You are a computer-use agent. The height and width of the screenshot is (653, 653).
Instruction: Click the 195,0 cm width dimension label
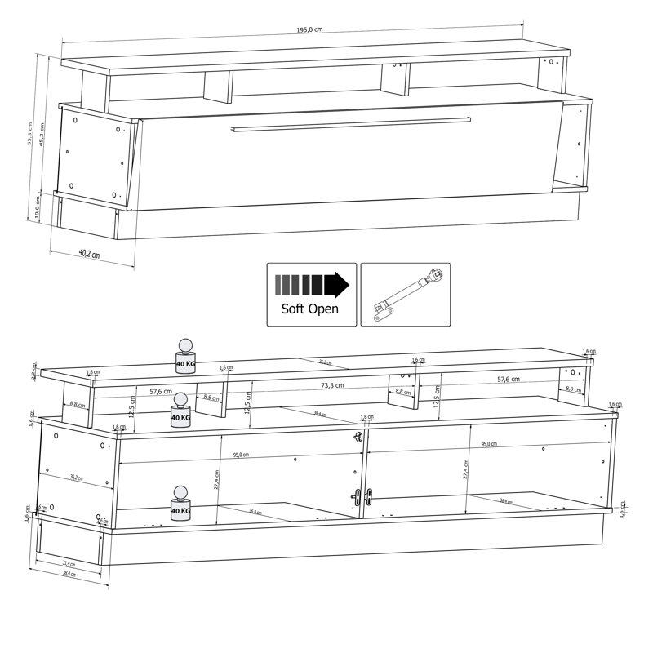(x=309, y=29)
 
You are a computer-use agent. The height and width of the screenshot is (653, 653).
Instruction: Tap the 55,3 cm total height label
(x=30, y=135)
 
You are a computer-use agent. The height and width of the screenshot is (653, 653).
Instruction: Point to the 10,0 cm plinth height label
(x=38, y=205)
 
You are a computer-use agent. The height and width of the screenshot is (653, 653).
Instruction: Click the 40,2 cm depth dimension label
(x=89, y=253)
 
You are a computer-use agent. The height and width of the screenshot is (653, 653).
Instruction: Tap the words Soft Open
(x=310, y=309)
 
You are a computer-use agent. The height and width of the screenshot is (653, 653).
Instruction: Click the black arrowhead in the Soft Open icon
(x=336, y=285)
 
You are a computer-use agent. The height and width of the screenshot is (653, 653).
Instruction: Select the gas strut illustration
(x=406, y=295)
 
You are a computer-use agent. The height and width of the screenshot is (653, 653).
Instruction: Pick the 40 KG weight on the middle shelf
(x=180, y=411)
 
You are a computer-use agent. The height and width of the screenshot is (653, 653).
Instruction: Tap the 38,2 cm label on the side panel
(x=78, y=477)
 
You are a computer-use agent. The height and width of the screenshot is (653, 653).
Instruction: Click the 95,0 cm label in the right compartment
(x=487, y=443)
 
